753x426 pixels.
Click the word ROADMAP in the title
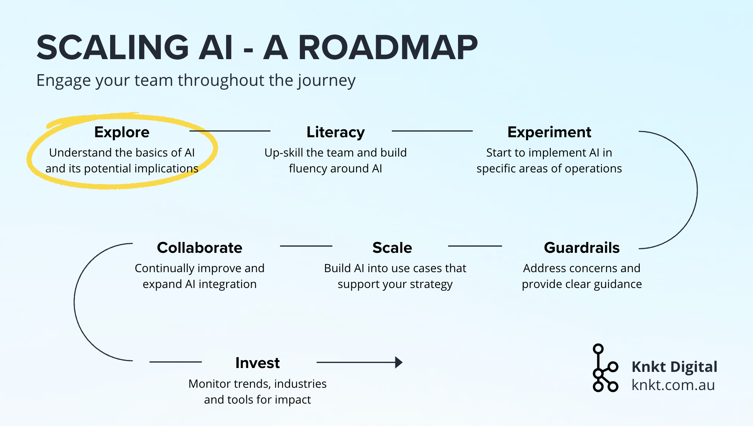coord(388,48)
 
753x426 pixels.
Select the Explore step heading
coord(122,132)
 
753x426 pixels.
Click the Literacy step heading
coord(336,132)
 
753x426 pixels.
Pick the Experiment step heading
coord(549,132)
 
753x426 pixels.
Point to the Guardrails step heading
coord(582,248)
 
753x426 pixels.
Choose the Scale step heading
coord(392,248)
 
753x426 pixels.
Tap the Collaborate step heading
coord(199,248)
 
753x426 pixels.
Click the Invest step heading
coord(257,363)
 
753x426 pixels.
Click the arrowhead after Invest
coord(399,362)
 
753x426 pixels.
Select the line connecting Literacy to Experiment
coord(432,131)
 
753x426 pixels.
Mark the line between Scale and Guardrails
coord(475,246)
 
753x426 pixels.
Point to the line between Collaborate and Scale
coord(306,246)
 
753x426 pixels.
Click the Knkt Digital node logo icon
coord(605,368)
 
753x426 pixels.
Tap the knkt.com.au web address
coord(673,385)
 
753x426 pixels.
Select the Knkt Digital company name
coord(674,366)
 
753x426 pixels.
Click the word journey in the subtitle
coord(326,81)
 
